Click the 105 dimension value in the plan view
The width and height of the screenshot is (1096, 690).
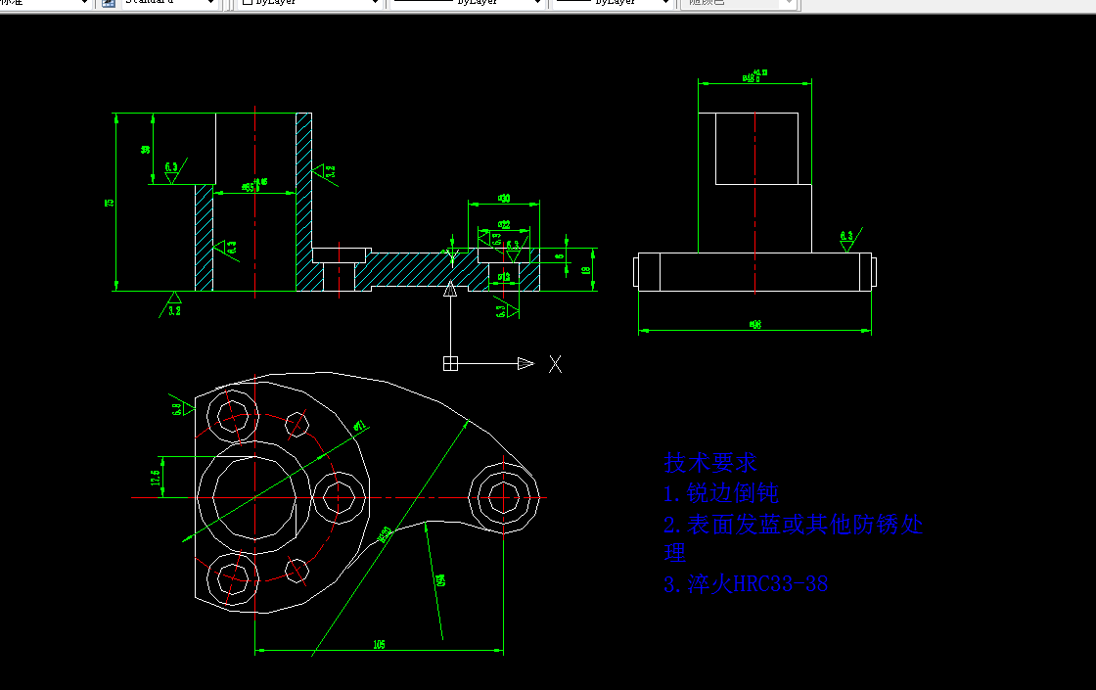379,644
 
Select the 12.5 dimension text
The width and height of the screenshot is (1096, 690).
155,477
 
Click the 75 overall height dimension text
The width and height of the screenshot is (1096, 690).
110,203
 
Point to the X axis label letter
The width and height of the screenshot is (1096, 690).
555,364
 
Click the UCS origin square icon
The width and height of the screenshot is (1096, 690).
450,364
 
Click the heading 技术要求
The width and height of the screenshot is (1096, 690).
710,462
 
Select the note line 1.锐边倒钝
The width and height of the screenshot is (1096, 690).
721,493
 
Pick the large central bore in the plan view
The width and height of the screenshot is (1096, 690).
254,496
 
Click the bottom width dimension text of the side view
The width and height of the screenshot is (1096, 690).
754,324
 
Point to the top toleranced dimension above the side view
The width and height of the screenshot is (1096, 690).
754,75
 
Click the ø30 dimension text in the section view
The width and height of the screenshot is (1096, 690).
504,199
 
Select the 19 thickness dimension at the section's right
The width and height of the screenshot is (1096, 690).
585,271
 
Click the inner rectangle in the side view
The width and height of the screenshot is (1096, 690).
763,148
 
